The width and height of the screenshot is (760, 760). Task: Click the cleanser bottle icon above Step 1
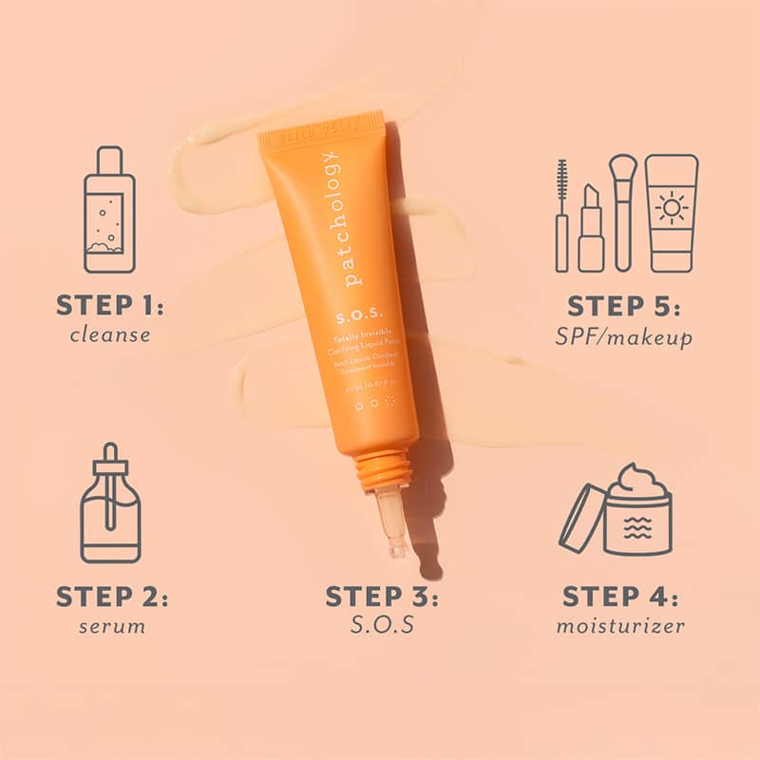(x=109, y=210)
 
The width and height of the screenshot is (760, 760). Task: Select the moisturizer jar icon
(x=636, y=513)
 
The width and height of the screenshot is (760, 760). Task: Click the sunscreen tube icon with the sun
(x=672, y=213)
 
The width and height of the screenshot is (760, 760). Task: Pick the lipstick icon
(x=590, y=228)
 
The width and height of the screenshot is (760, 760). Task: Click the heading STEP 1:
(x=110, y=306)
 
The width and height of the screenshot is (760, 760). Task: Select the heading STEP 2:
(x=111, y=598)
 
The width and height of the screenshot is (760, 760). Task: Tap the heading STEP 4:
(x=620, y=598)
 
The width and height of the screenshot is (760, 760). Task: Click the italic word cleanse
(x=110, y=334)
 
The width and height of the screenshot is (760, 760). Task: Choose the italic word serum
(x=111, y=627)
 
